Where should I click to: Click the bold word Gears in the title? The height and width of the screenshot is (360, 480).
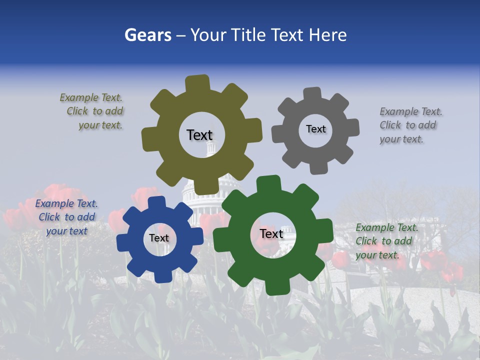[x=148, y=35]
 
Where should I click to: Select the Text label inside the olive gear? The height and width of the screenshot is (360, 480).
[x=199, y=135]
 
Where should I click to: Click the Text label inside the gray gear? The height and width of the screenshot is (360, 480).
[x=315, y=129]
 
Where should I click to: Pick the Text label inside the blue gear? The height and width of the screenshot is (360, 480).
[x=159, y=238]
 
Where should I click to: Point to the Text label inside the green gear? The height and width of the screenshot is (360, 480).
[x=271, y=233]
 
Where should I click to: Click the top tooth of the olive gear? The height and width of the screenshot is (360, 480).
[x=197, y=83]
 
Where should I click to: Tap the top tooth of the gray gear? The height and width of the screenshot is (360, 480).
[x=312, y=93]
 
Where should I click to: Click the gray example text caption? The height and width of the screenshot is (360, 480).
[x=410, y=125]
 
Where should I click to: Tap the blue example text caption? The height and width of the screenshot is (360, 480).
[x=66, y=217]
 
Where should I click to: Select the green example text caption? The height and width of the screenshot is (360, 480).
[x=386, y=241]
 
